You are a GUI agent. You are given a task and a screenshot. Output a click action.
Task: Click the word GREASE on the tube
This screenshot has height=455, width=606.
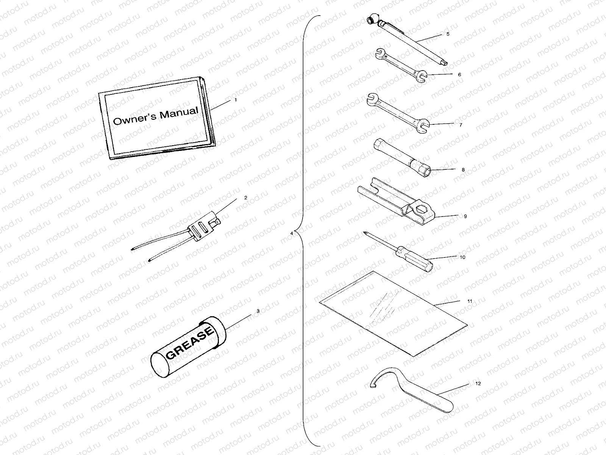click(x=190, y=344)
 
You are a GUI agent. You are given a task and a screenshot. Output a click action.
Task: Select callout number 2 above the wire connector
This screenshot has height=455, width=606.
click(x=245, y=198)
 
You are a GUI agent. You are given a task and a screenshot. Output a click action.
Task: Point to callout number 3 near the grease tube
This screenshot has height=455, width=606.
click(x=258, y=311)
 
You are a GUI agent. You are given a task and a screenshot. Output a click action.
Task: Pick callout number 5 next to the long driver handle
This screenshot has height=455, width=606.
click(x=448, y=34)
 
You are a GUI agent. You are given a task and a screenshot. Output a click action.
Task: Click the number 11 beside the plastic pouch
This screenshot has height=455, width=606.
click(x=469, y=301)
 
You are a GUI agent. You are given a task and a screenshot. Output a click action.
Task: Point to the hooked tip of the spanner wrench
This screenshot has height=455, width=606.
click(x=372, y=385)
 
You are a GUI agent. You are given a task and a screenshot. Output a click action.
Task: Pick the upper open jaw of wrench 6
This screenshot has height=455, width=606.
click(x=378, y=53)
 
